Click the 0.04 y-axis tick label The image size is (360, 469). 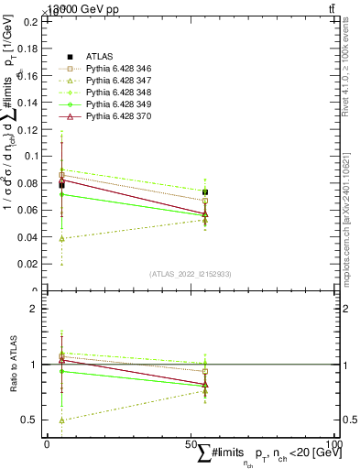coord(30,237)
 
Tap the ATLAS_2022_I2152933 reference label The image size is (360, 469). coord(190,274)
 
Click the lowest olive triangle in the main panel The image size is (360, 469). coord(61,238)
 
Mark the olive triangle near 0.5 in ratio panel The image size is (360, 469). coord(61,420)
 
